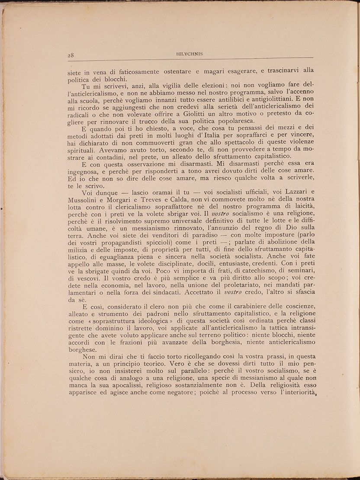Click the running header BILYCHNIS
190,54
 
